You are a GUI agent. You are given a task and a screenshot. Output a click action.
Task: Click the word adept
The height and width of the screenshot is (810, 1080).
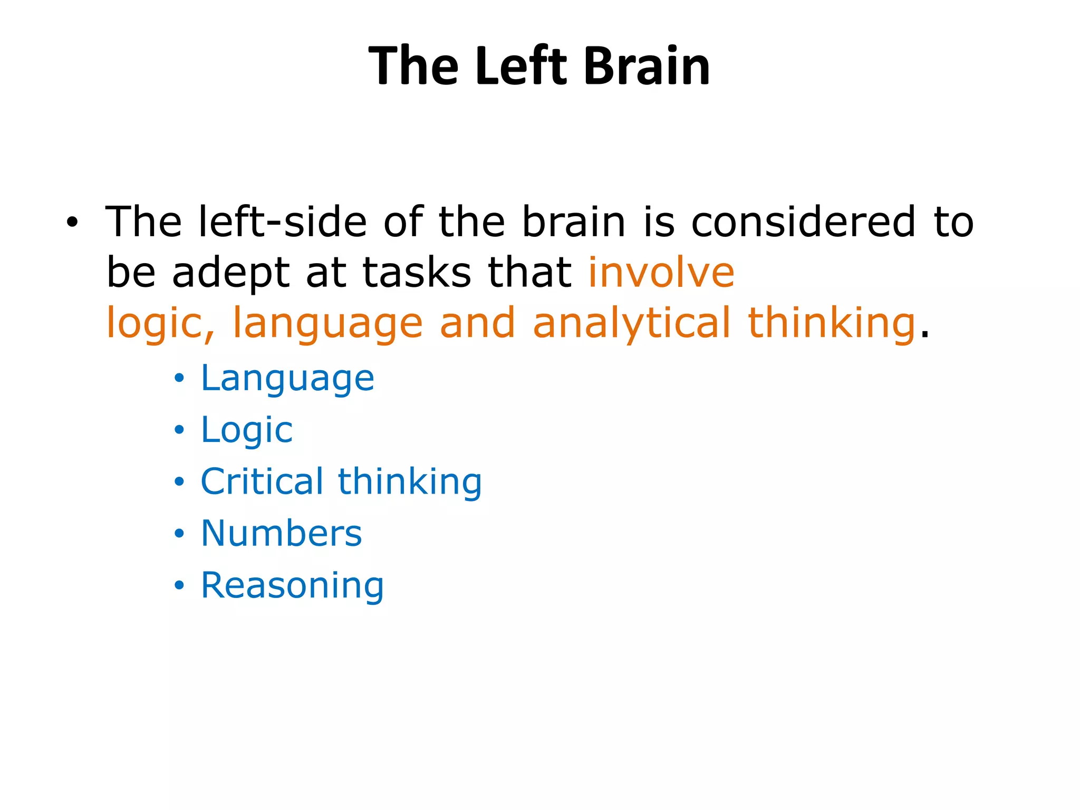click(x=231, y=274)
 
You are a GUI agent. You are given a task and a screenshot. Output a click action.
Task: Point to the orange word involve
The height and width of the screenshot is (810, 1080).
click(x=661, y=273)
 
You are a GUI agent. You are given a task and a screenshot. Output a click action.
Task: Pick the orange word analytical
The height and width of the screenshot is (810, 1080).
click(x=631, y=323)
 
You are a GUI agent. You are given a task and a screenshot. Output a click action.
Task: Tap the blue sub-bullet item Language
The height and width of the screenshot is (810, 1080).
click(x=287, y=379)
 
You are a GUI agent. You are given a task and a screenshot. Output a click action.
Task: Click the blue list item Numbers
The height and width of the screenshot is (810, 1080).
click(x=282, y=533)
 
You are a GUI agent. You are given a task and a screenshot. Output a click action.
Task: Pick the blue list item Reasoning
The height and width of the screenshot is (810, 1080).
click(x=293, y=586)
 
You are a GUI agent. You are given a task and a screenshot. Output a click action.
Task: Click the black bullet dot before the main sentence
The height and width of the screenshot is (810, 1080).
click(x=72, y=223)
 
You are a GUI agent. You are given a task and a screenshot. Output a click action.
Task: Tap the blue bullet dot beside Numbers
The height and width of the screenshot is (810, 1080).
click(x=180, y=534)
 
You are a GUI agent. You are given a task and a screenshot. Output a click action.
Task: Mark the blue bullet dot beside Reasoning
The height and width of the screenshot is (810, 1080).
click(x=180, y=585)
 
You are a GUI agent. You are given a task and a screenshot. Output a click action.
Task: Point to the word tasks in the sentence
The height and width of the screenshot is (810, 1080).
click(x=417, y=273)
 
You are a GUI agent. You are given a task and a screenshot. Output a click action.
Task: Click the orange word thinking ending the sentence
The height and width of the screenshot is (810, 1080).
click(x=832, y=323)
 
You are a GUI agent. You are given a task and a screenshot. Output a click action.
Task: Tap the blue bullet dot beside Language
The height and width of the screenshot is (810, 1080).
click(x=180, y=378)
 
